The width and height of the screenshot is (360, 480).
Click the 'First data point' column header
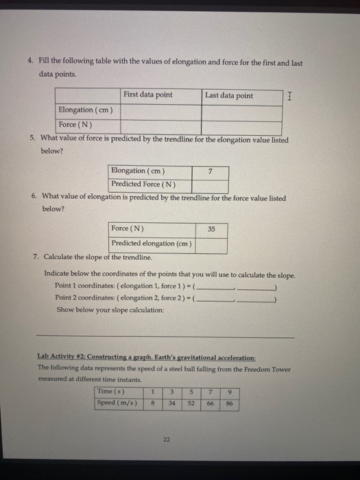click(x=147, y=95)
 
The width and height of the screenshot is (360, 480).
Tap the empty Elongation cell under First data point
click(x=160, y=110)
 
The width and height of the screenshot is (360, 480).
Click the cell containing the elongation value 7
click(x=211, y=171)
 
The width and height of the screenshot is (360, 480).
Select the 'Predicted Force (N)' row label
click(x=143, y=184)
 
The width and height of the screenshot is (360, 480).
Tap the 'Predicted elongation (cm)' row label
click(x=152, y=243)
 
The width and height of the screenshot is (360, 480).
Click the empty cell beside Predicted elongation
click(x=212, y=243)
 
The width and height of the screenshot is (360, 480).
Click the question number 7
click(x=36, y=256)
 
